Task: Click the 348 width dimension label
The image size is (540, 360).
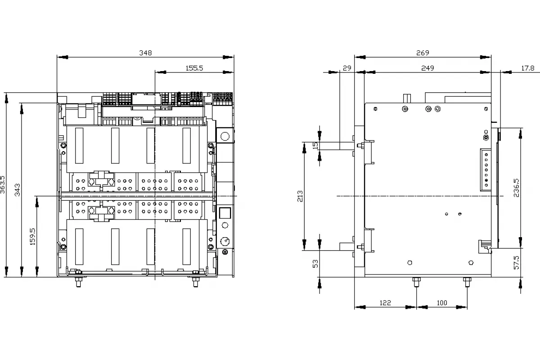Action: coord(146,53)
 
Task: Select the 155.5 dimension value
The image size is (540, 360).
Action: coord(194,68)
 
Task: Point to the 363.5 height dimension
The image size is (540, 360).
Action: coord(2,184)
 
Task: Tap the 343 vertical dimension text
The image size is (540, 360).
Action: coord(18,190)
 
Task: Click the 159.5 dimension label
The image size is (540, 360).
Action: coord(32,237)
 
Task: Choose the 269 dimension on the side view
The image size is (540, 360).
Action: coord(423,53)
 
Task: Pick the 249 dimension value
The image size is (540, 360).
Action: coord(427,68)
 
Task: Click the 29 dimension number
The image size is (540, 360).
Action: coord(347,68)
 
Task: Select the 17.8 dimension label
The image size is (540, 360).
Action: coord(528,68)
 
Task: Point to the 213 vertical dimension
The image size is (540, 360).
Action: coord(300,196)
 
